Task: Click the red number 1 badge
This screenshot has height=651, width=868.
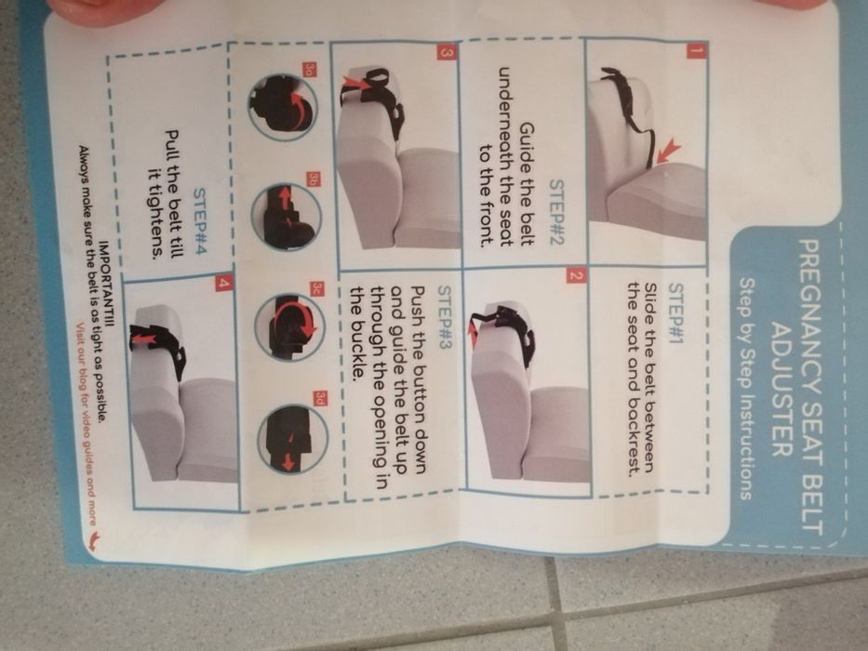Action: click(x=693, y=52)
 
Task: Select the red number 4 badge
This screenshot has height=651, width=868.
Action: click(x=223, y=282)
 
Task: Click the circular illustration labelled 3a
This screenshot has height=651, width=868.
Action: click(x=283, y=107)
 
